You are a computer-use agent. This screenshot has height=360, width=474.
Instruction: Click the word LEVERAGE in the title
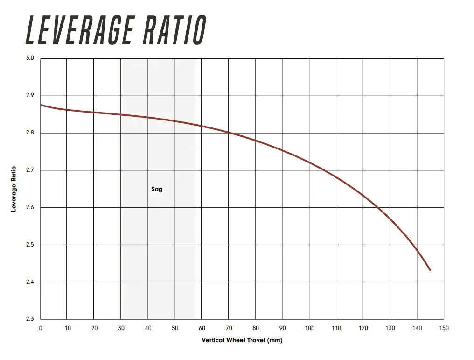point(80,30)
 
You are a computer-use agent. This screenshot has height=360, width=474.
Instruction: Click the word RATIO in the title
point(175,30)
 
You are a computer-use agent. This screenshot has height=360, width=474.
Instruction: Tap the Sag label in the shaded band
point(157,189)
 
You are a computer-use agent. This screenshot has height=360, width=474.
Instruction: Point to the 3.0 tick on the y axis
point(30,58)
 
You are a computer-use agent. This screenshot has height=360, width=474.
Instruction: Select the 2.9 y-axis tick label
point(30,95)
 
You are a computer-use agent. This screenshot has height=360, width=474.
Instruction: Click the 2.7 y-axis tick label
point(30,170)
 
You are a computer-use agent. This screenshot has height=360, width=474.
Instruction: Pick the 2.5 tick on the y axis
point(30,245)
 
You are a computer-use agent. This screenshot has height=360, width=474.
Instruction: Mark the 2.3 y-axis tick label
point(30,318)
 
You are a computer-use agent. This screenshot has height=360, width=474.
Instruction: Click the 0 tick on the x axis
point(41,328)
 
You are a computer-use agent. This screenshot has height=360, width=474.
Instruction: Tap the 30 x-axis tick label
point(121,328)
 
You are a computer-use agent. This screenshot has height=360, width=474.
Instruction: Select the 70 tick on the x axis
point(229,328)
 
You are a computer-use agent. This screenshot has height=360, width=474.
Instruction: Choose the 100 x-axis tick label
point(310,328)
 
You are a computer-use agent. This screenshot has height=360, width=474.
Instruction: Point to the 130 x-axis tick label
point(390,328)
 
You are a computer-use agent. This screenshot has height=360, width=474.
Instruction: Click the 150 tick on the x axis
point(444,328)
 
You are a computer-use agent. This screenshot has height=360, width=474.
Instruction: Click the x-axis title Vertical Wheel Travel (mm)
point(242,340)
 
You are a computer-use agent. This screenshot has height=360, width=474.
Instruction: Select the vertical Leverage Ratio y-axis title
point(14,189)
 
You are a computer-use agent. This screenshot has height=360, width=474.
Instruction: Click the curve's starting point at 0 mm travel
point(41,105)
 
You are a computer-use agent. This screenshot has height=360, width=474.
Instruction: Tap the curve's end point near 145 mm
point(430,270)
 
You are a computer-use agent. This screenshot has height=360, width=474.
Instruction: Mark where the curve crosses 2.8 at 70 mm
point(229,133)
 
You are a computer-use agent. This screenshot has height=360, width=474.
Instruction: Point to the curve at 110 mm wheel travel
point(336,177)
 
